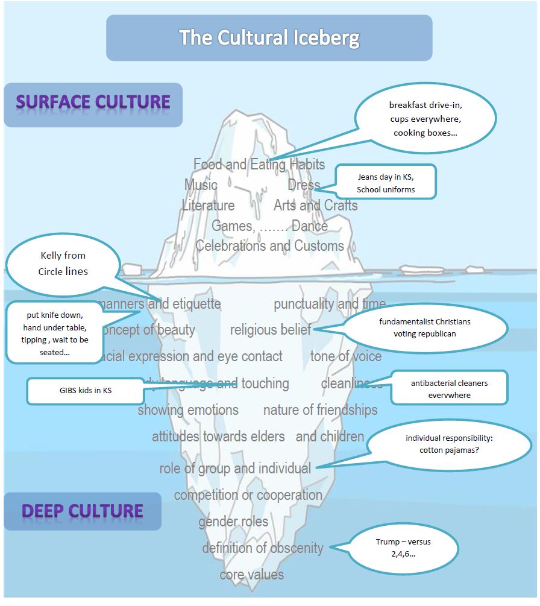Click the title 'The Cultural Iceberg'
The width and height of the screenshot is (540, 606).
click(269, 38)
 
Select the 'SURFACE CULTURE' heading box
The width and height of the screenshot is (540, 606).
click(93, 103)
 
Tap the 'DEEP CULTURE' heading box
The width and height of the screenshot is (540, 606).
click(83, 511)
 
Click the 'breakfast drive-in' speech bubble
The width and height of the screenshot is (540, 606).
click(425, 119)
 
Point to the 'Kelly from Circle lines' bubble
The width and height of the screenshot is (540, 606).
click(63, 264)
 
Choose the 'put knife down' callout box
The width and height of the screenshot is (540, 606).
click(55, 333)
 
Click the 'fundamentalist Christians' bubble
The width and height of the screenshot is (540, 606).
click(425, 327)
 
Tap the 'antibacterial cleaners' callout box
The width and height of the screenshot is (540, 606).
click(449, 389)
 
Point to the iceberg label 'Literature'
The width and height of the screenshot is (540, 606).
click(209, 206)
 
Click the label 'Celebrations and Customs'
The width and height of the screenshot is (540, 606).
click(269, 246)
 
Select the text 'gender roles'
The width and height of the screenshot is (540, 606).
click(233, 522)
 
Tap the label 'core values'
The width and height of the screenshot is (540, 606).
click(251, 575)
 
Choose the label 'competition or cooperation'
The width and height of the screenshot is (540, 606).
click(248, 495)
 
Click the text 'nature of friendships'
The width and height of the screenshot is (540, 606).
click(320, 410)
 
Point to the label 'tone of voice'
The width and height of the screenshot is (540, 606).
click(346, 356)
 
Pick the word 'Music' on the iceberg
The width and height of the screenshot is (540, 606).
click(201, 185)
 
